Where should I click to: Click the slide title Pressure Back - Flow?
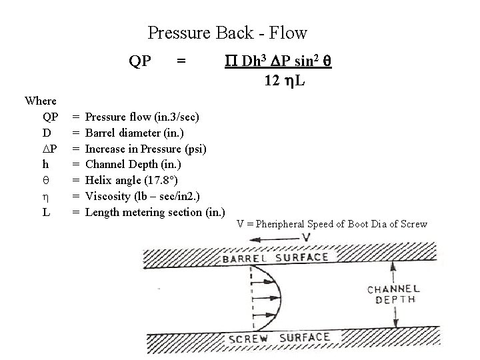[227, 32]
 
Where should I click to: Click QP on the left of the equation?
[139, 61]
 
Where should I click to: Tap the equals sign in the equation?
[180, 61]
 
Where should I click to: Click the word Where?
[40, 101]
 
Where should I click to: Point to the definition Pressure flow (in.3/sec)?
[142, 117]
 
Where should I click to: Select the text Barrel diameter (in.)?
[135, 133]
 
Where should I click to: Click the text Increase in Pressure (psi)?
[146, 148]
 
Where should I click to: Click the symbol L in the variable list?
[45, 212]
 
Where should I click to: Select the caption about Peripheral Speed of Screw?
[331, 223]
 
